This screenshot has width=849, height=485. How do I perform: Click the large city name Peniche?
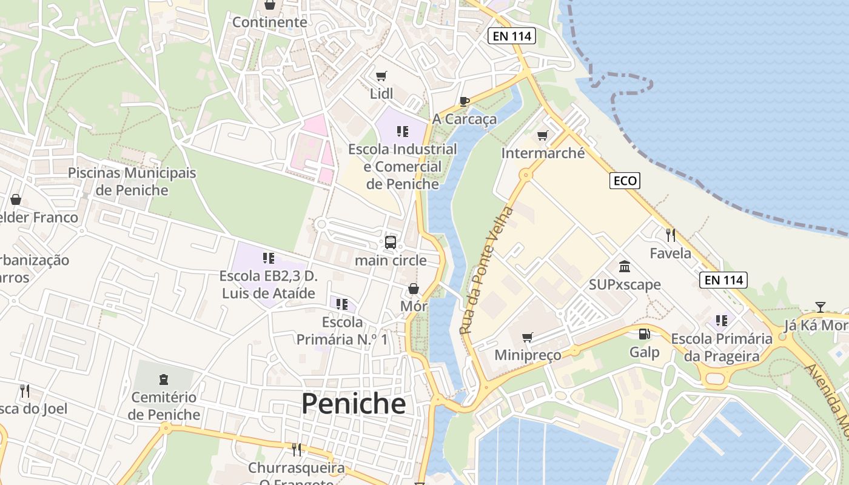click(354, 404)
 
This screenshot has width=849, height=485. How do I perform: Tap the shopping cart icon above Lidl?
click(381, 76)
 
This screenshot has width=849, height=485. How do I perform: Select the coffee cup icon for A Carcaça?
click(465, 101)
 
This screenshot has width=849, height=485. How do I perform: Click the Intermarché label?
click(543, 153)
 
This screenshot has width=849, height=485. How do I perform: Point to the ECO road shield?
click(625, 181)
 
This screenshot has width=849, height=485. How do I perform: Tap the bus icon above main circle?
click(391, 242)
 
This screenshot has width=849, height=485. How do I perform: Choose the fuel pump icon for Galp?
click(644, 334)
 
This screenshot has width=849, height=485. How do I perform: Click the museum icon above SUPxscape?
click(625, 267)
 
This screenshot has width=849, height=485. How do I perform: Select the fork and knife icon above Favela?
click(670, 235)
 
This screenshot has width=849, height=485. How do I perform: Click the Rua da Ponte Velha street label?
click(486, 271)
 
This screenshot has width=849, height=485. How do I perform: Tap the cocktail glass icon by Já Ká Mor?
click(820, 307)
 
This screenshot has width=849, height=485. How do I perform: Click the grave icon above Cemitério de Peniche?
click(163, 380)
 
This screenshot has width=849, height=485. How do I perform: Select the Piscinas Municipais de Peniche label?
click(132, 181)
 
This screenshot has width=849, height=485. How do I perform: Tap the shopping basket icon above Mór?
click(414, 289)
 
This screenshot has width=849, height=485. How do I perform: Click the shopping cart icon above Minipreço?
click(528, 337)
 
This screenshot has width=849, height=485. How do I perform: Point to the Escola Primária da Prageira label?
click(722, 347)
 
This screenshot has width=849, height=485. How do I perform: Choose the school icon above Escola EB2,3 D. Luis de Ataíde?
click(269, 258)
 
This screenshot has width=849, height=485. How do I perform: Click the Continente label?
click(270, 22)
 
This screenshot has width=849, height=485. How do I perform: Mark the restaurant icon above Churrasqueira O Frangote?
click(297, 449)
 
